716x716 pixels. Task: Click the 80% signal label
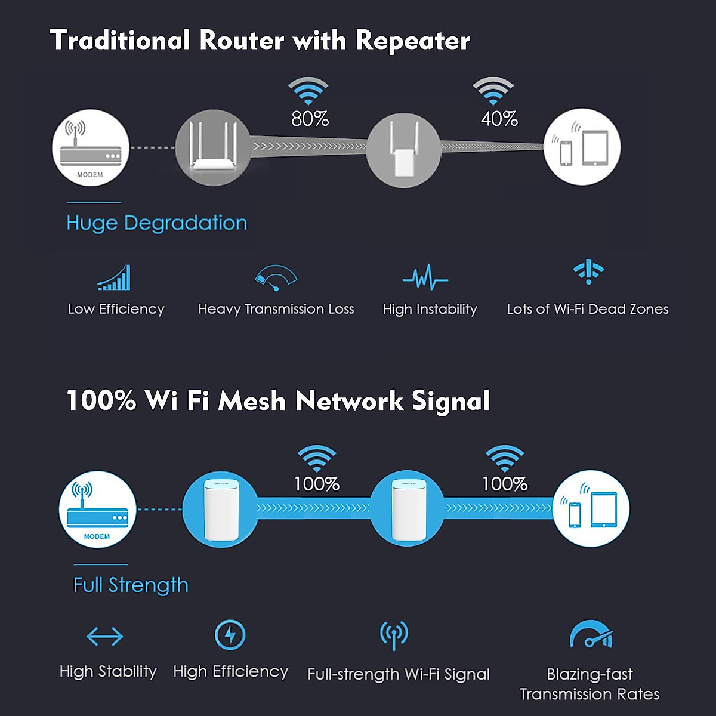click(310, 119)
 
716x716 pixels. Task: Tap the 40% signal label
click(499, 119)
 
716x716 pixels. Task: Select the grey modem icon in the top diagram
click(91, 147)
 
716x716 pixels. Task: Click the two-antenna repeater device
click(404, 149)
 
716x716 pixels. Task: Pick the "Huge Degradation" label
click(156, 223)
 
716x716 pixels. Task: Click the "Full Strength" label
click(131, 585)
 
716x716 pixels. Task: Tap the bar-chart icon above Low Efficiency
click(115, 277)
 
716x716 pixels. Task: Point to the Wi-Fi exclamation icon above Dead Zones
click(588, 271)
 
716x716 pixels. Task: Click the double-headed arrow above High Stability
click(105, 637)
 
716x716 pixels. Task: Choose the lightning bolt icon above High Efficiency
click(230, 635)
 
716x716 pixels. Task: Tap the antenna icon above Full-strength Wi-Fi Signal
click(394, 635)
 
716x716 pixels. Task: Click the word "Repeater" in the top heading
click(413, 41)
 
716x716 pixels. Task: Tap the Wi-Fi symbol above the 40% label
click(493, 90)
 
